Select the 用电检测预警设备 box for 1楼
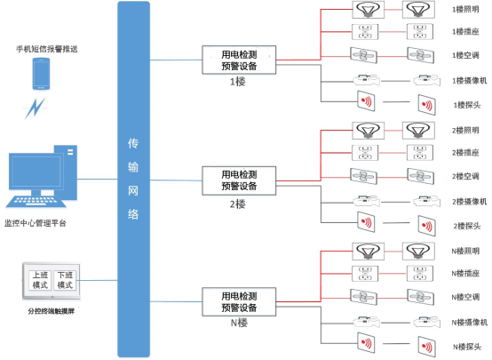click(239, 60)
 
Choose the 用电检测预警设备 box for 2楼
click(239, 179)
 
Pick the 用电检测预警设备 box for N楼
click(239, 300)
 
